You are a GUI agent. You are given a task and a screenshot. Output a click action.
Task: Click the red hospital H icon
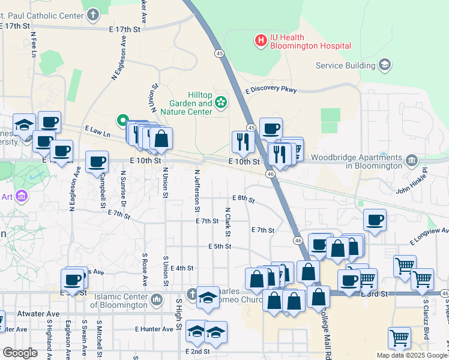pyautogui.click(x=261, y=41)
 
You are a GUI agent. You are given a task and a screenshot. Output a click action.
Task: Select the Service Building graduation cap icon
pyautogui.click(x=385, y=64)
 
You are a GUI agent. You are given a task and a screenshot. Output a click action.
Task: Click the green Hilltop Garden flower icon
pyautogui.click(x=221, y=103)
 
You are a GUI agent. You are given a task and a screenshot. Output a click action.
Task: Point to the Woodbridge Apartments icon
pyautogui.click(x=412, y=160)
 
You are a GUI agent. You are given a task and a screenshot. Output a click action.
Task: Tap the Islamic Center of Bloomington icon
pyautogui.click(x=157, y=299)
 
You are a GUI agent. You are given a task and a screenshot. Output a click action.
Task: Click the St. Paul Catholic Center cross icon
pyautogui.click(x=92, y=13)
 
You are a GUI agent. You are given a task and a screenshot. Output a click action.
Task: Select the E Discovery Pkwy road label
pyautogui.click(x=271, y=89)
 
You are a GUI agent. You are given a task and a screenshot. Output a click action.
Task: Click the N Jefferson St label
pyautogui.click(x=196, y=190)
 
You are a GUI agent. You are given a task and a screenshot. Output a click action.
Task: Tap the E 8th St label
pyautogui.click(x=244, y=198)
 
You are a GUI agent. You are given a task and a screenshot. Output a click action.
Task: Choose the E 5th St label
pyautogui.click(x=220, y=246)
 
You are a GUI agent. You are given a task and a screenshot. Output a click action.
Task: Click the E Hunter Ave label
pyautogui.click(x=154, y=329)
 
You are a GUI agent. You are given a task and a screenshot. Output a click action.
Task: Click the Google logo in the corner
pyautogui.click(x=19, y=352)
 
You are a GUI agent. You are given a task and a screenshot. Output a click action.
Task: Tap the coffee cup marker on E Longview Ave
pyautogui.click(x=375, y=220)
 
